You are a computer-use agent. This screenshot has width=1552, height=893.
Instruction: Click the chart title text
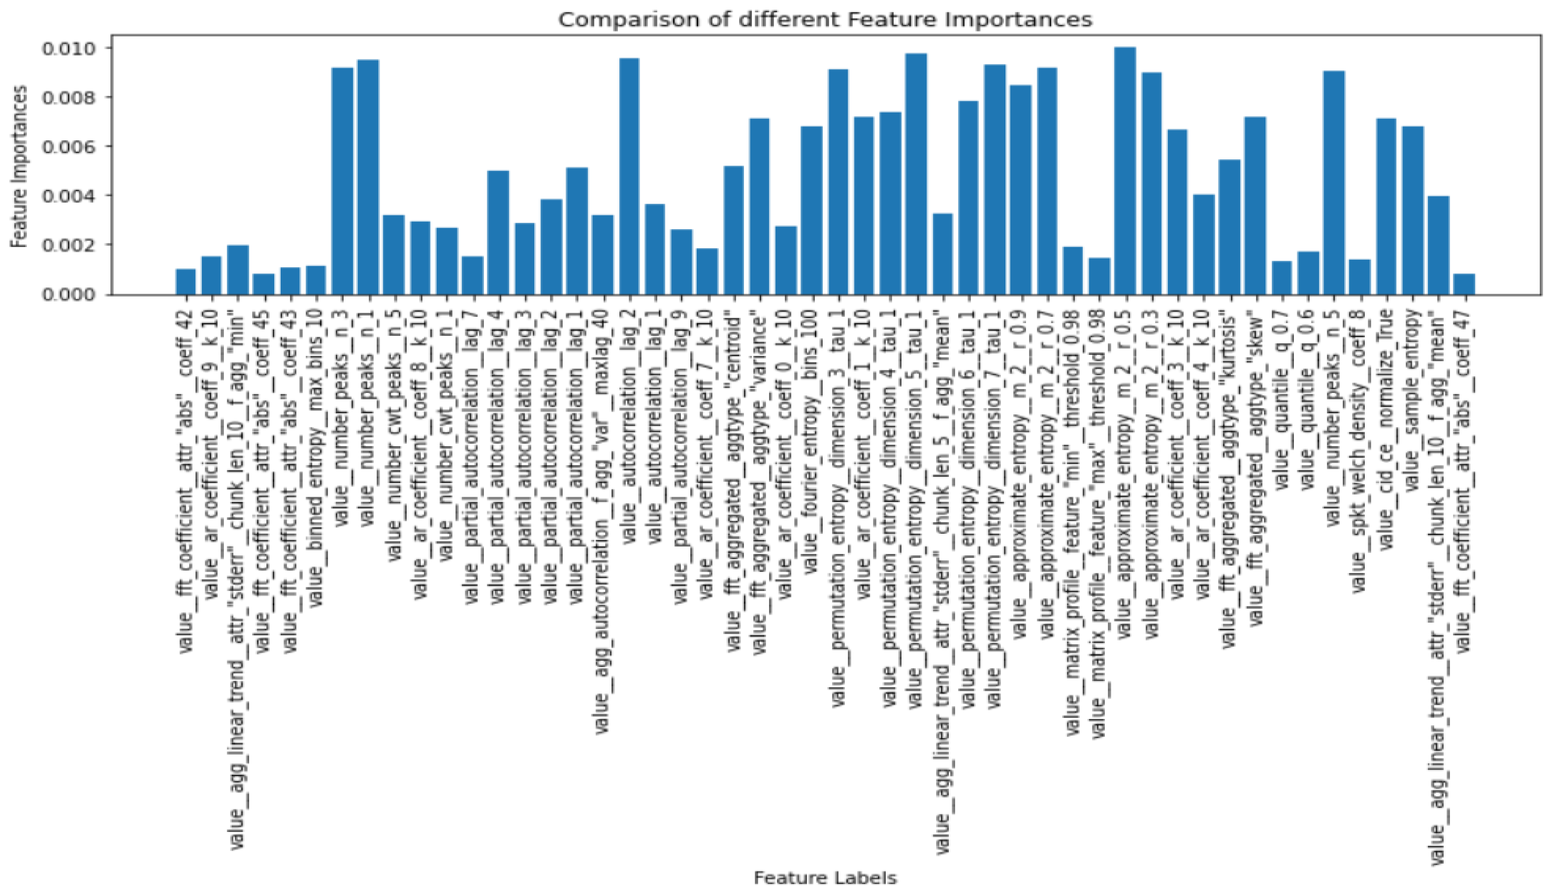click(x=825, y=20)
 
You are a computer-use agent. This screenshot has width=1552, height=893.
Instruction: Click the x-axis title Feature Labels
click(x=825, y=878)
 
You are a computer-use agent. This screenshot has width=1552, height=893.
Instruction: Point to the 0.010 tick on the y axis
click(x=68, y=48)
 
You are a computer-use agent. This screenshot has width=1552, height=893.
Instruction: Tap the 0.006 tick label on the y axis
click(x=68, y=147)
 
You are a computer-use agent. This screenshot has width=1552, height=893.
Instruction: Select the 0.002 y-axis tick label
click(x=68, y=245)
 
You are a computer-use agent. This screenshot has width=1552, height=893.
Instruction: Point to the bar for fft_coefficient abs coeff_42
click(x=186, y=282)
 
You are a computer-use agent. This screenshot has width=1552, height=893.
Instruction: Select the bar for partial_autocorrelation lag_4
click(x=498, y=233)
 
